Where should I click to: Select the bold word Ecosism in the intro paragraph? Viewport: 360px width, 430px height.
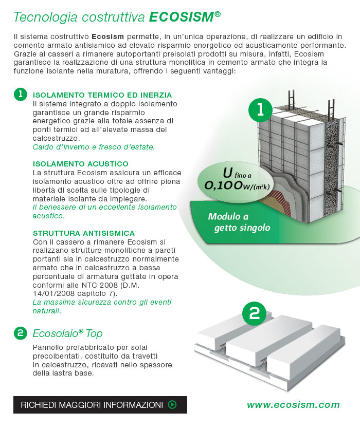(x=107, y=36)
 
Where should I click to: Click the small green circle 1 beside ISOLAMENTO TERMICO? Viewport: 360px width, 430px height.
(x=20, y=95)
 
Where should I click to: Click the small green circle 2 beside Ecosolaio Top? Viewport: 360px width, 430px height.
(x=20, y=333)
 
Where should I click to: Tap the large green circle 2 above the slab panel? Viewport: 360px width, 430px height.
(x=254, y=313)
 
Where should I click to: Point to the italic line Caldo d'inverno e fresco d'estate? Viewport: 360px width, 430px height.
(x=93, y=147)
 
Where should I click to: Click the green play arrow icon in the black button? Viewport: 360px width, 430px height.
(x=172, y=405)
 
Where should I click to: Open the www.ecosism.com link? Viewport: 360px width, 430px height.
(x=293, y=405)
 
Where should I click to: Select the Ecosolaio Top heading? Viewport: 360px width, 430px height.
(x=67, y=334)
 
